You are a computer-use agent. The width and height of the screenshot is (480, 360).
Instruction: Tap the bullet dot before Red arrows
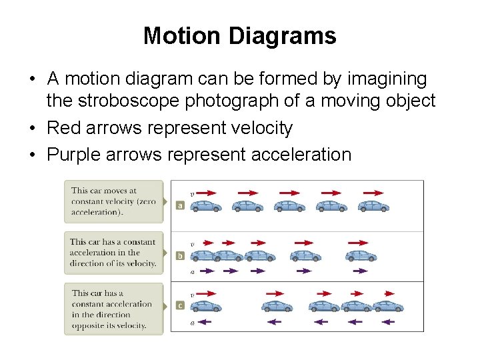coord(32,128)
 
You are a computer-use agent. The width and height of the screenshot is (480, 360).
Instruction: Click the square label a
coord(180,205)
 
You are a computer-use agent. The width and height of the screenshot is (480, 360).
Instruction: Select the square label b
coord(180,255)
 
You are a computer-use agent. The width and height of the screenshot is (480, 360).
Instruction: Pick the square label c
coord(180,305)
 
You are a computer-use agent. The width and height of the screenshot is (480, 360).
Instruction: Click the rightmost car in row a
coord(373,205)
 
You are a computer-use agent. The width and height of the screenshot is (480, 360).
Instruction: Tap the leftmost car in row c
coord(206,306)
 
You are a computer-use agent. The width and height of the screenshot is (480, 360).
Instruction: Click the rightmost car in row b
coord(361,255)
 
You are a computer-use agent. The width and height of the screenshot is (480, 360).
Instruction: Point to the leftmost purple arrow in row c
coord(205,322)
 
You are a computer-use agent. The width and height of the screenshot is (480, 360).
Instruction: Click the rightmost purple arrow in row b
coord(361,271)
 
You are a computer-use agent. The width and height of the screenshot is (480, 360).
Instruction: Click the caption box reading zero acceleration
coord(113,201)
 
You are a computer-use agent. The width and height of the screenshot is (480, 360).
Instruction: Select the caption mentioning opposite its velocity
coord(113,309)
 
